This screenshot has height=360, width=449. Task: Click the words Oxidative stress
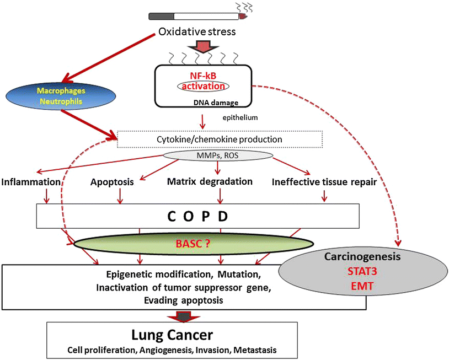pyautogui.click(x=197, y=32)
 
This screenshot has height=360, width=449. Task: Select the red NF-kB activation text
pyautogui.click(x=204, y=81)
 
